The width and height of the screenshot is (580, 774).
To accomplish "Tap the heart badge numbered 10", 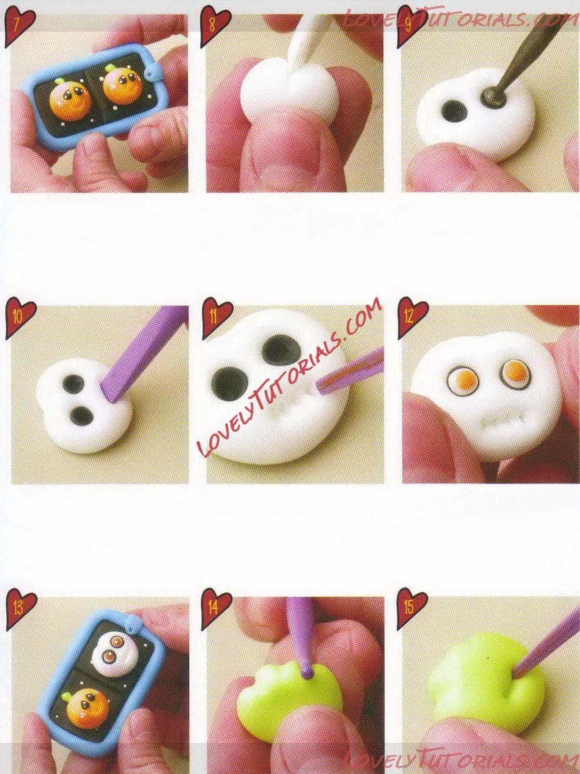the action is tap(19, 318).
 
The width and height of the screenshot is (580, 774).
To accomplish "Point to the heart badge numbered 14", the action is tap(215, 608).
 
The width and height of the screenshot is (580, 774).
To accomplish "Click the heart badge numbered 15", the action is tap(412, 608).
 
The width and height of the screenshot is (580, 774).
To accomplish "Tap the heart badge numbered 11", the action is tap(216, 318).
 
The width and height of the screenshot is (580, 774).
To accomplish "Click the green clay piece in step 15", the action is tap(482, 679).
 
